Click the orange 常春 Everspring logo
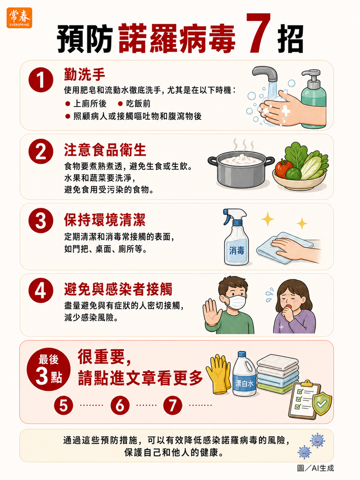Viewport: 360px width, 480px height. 19,18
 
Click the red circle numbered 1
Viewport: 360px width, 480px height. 41,80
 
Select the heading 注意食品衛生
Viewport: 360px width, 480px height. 105,150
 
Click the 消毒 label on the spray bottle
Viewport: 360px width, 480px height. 236,250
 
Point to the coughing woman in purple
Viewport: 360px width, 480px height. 294,307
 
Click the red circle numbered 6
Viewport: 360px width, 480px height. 120,405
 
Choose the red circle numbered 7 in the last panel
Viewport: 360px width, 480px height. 173,405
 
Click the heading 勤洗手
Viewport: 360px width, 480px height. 84,74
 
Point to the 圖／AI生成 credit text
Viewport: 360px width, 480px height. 315,468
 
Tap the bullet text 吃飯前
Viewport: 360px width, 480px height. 138,104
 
